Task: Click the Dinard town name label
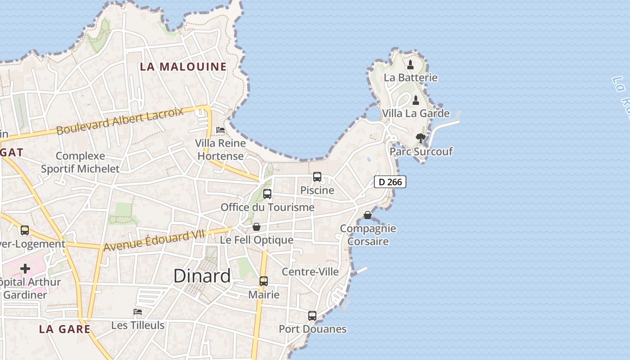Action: [202, 276]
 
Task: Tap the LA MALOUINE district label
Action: [183, 67]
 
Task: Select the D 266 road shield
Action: [390, 182]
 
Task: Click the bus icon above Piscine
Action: [317, 177]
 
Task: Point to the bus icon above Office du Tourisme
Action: [267, 194]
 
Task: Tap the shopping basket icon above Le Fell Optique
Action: [256, 227]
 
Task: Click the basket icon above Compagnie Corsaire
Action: [368, 215]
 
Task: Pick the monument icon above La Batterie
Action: [410, 65]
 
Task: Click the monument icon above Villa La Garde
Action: [416, 100]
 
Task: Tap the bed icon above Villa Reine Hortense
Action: [220, 130]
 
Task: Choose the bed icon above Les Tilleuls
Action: [138, 312]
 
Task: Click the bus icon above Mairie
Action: [264, 281]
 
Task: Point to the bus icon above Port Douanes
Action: [312, 316]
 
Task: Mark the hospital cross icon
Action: [25, 269]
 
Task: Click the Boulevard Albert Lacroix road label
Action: [121, 121]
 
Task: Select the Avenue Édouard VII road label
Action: [154, 240]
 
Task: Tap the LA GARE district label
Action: [65, 329]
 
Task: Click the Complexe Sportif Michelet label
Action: [81, 162]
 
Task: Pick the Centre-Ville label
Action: [310, 271]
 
